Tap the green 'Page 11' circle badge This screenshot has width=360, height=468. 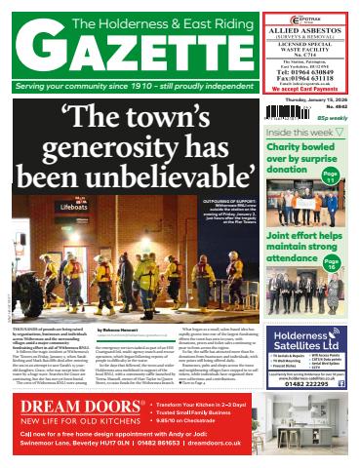coord(331,175)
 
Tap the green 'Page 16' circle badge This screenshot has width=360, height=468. coord(332,263)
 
